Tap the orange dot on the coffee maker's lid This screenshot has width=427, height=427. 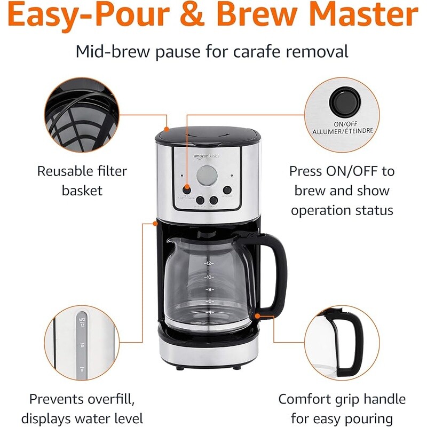pos(167,129)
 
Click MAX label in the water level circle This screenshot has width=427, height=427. pos(82,319)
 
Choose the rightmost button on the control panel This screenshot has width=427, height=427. pos(227,189)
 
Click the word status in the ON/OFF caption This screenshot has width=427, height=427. pos(373,210)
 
